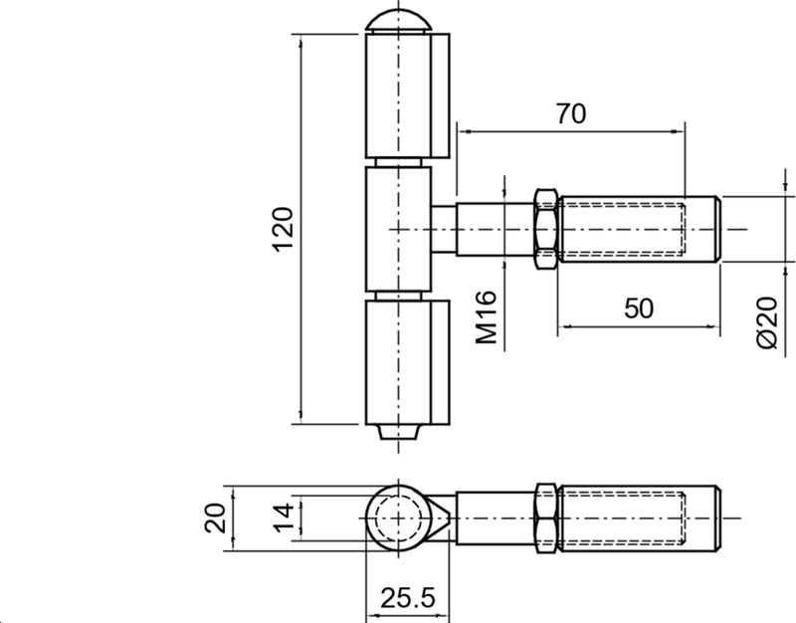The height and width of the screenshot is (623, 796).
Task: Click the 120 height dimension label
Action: click(x=283, y=228)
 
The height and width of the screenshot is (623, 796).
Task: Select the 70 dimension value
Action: click(x=570, y=113)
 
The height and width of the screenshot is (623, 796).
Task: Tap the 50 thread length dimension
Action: click(x=639, y=308)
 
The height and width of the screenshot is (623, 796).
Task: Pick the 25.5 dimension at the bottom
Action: click(x=408, y=598)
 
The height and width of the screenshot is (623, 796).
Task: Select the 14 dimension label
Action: click(x=284, y=518)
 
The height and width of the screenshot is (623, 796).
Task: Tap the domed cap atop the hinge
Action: click(x=398, y=22)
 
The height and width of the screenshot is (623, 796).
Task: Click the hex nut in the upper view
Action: click(x=545, y=228)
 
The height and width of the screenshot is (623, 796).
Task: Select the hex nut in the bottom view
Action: click(x=545, y=518)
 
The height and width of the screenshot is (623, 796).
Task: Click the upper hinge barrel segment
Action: click(x=403, y=96)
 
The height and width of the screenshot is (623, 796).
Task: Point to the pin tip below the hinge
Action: click(x=398, y=432)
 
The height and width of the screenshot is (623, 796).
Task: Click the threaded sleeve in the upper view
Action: click(x=637, y=228)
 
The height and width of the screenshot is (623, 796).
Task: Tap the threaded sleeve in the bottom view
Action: click(x=637, y=518)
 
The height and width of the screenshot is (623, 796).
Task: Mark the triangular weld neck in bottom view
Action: click(x=442, y=518)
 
